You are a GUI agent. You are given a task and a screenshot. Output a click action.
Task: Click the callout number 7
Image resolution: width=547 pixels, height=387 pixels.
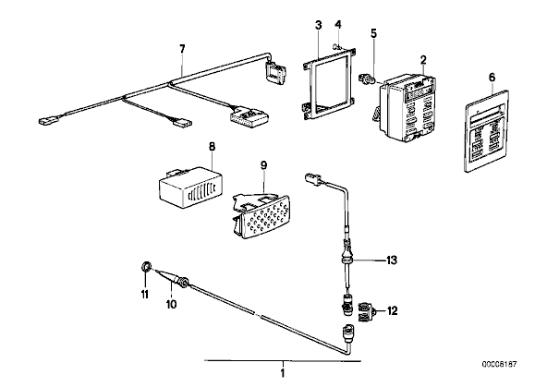point(182,49)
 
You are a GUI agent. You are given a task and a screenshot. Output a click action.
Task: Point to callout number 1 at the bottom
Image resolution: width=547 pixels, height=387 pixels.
point(283,373)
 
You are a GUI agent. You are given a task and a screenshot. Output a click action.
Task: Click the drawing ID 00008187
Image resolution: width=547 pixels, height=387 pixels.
point(500,364)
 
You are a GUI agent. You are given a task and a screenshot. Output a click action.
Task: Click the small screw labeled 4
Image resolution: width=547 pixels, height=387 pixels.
point(337,45)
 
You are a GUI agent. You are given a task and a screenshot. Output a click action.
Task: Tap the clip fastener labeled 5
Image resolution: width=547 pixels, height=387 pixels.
point(367,79)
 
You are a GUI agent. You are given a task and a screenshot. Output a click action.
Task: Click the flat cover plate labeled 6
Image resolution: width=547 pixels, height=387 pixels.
point(487,130)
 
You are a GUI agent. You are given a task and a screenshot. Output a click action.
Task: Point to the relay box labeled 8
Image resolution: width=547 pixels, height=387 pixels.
point(191,185)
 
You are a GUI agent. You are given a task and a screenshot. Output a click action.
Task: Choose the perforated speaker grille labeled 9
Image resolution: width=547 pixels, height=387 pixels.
point(262,216)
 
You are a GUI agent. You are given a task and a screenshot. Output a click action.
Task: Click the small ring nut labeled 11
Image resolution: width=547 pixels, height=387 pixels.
point(146,267)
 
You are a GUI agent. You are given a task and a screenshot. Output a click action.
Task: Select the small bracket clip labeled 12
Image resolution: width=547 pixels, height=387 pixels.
point(368,310)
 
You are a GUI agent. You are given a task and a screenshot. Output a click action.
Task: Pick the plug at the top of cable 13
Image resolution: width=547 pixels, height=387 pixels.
point(313,178)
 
